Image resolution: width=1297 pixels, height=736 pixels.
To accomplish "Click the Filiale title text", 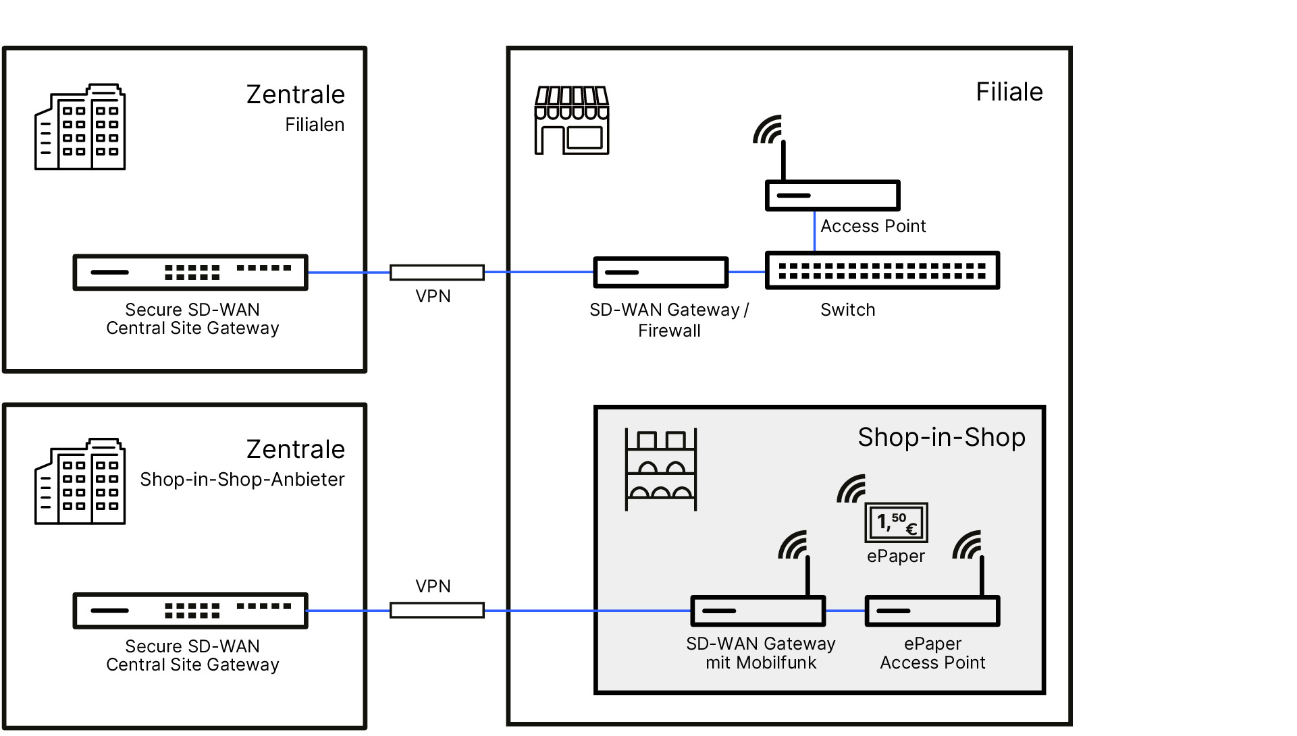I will pyautogui.click(x=1009, y=92).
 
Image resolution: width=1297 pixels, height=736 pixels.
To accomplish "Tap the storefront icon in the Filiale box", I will pyautogui.click(x=571, y=120).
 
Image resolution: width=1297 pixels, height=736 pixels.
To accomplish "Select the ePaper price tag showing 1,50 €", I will pyautogui.click(x=896, y=522).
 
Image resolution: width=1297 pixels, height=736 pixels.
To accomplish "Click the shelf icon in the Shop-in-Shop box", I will pyautogui.click(x=660, y=469).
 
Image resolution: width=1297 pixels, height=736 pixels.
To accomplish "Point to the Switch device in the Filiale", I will pyautogui.click(x=882, y=271).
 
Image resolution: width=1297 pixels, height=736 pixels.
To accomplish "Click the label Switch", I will pyautogui.click(x=847, y=310).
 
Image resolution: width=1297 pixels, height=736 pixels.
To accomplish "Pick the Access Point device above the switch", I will pyautogui.click(x=832, y=195).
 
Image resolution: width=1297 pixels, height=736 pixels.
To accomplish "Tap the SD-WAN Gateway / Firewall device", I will pyautogui.click(x=660, y=272).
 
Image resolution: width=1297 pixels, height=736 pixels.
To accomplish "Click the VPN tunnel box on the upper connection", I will pyautogui.click(x=437, y=273).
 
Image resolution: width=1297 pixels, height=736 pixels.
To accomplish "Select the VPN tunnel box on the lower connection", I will pyautogui.click(x=437, y=611).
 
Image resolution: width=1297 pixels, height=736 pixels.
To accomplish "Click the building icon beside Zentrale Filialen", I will pyautogui.click(x=80, y=127).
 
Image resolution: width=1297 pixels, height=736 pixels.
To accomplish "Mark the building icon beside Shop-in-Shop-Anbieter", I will pyautogui.click(x=80, y=481).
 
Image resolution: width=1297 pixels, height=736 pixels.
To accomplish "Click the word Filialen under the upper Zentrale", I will pyautogui.click(x=314, y=125).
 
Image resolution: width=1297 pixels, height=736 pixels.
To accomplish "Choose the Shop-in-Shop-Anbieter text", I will pyautogui.click(x=242, y=480).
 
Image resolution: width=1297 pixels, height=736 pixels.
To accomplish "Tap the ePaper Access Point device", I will pyautogui.click(x=932, y=611).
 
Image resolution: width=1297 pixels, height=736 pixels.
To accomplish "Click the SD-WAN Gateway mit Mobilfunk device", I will pyautogui.click(x=758, y=611).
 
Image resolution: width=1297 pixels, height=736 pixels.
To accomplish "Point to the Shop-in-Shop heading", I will pyautogui.click(x=941, y=437).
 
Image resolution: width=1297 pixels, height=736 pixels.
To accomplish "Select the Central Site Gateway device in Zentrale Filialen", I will pyautogui.click(x=190, y=273).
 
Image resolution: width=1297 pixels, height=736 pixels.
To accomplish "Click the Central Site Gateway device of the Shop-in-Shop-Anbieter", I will pyautogui.click(x=190, y=611).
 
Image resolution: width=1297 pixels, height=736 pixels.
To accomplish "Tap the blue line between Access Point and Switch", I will pyautogui.click(x=814, y=231).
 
